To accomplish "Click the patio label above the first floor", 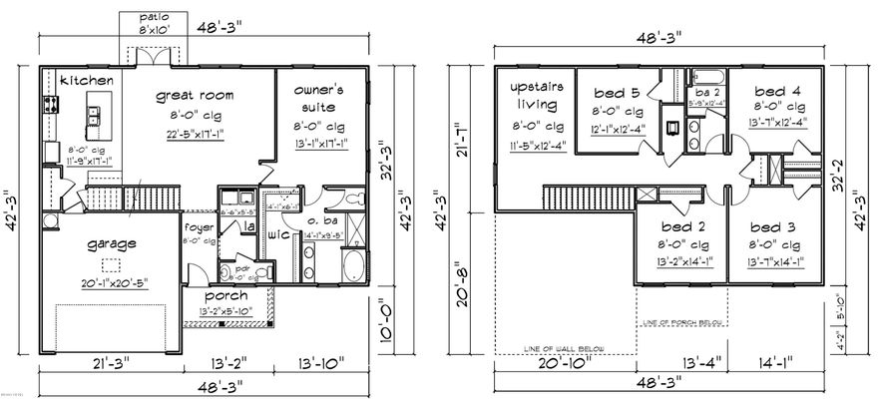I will click(153, 18).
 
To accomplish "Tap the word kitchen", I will click(85, 80).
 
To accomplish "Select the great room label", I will click(194, 96).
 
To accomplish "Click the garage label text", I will click(110, 242).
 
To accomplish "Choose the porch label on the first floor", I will click(225, 296).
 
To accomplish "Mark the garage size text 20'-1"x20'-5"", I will click(113, 282).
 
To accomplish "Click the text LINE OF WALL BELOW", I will click(565, 348).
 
